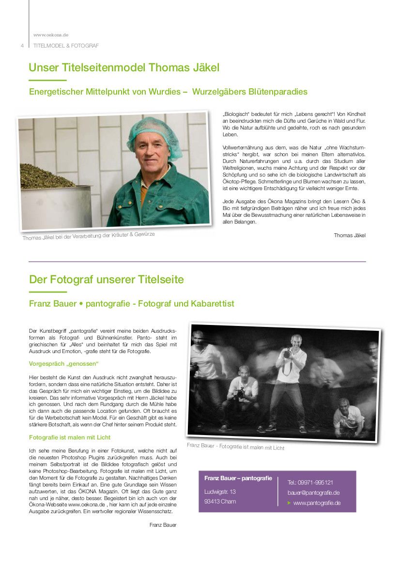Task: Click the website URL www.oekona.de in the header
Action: [x=51, y=35]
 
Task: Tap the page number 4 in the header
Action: [x=22, y=46]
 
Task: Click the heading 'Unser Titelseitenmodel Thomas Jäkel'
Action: [x=124, y=67]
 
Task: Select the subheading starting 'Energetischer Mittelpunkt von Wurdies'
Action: [x=168, y=92]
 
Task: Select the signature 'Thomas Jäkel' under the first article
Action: [x=350, y=235]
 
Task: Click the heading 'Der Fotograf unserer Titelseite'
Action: [x=107, y=279]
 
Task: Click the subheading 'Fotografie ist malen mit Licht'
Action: [x=70, y=437]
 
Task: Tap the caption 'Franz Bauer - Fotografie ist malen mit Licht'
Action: [x=236, y=446]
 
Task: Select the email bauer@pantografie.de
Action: [x=313, y=492]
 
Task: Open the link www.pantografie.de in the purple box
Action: [x=317, y=503]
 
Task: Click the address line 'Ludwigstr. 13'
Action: [x=220, y=492]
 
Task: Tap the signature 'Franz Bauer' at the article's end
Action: [x=163, y=525]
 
